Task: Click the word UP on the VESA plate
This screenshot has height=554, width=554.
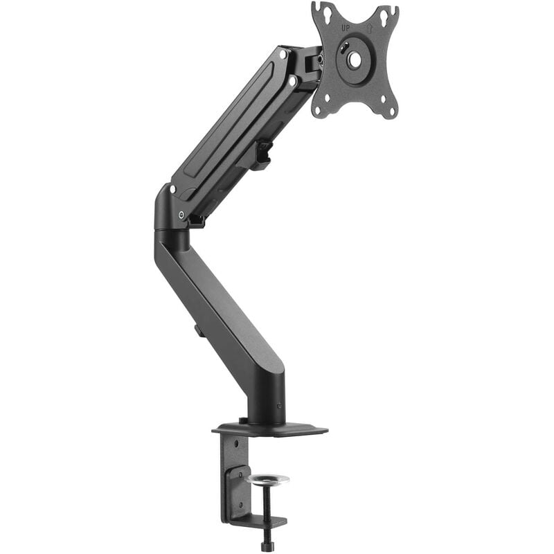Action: pos(345,28)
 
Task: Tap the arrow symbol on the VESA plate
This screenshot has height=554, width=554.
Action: pos(370,28)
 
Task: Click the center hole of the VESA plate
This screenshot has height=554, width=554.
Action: pos(355,60)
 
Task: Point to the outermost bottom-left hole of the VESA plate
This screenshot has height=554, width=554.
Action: pos(318,110)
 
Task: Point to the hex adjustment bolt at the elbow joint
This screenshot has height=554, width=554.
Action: pos(181,215)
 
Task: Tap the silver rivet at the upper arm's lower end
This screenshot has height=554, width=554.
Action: pos(172,189)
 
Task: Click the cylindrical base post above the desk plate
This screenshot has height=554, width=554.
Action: pos(266,398)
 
